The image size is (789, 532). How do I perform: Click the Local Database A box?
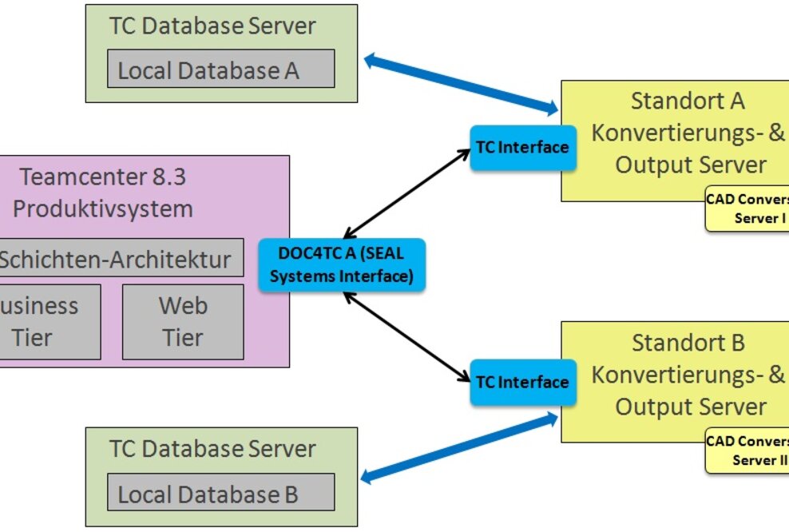[220, 69]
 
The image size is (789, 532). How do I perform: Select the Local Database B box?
[220, 493]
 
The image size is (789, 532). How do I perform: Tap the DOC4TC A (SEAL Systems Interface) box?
[341, 265]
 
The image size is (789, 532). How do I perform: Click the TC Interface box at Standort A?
[522, 148]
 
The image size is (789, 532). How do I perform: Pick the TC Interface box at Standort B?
[522, 383]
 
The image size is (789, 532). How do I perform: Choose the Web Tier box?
[183, 322]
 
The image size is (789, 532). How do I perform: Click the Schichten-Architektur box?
[120, 258]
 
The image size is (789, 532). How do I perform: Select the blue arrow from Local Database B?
[459, 448]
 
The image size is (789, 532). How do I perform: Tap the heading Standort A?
[688, 101]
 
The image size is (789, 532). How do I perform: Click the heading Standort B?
[688, 343]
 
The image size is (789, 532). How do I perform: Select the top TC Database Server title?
[212, 26]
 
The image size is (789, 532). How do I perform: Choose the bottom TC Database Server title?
[212, 449]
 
